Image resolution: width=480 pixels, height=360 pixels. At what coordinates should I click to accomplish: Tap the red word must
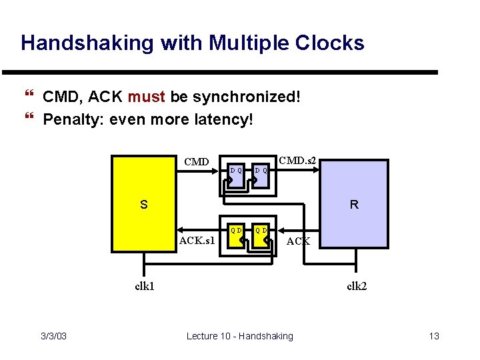[x=147, y=97]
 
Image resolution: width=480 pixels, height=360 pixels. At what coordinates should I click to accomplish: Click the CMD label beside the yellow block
[x=197, y=161]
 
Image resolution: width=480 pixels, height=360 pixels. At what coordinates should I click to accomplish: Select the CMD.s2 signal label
[x=297, y=161]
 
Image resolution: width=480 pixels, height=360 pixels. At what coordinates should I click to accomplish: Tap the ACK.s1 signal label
[x=197, y=240]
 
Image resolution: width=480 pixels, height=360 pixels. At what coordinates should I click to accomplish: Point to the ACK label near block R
[x=297, y=241]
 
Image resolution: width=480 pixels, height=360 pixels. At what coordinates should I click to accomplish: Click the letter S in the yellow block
[x=143, y=204]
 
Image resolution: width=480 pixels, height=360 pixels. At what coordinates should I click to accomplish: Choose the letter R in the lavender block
[x=354, y=205]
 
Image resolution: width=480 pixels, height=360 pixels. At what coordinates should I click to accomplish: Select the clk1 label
[x=145, y=287]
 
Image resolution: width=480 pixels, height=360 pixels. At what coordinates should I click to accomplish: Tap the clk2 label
[x=357, y=287]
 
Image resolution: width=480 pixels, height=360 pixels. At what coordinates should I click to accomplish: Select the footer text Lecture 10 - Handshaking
[x=239, y=336]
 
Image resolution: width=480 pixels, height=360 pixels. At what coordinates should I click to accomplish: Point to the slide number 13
[x=434, y=336]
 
